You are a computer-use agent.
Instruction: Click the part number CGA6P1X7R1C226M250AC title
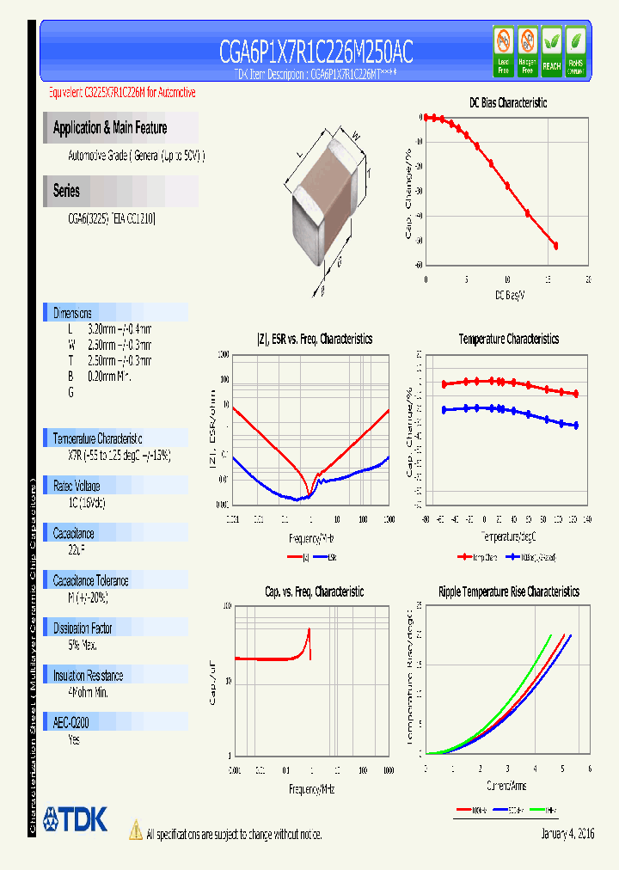(x=316, y=52)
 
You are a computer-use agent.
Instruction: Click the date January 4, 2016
(x=567, y=834)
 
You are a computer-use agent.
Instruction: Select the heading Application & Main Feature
(x=110, y=128)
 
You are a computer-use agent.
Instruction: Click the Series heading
(x=66, y=191)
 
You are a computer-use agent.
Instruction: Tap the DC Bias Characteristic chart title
(x=507, y=102)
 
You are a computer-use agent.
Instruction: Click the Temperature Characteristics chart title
(x=508, y=339)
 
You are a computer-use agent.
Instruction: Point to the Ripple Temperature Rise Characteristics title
(x=508, y=591)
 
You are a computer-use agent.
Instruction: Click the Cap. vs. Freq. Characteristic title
(x=314, y=591)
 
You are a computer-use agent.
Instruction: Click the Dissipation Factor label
(x=83, y=628)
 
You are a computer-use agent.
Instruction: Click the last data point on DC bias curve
(x=555, y=246)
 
